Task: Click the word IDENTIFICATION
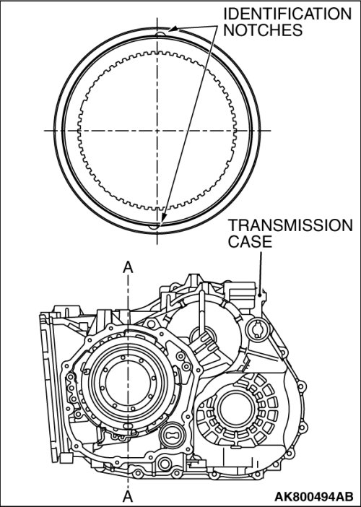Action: click(287, 14)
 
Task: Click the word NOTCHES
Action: click(263, 30)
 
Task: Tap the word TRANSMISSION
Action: click(290, 225)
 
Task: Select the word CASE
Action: click(250, 241)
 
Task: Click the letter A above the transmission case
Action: click(128, 267)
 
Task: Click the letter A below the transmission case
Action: click(128, 495)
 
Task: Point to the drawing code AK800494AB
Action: click(313, 496)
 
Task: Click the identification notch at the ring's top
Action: click(160, 34)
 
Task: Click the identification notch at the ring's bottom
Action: click(154, 226)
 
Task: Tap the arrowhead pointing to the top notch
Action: click(173, 29)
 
